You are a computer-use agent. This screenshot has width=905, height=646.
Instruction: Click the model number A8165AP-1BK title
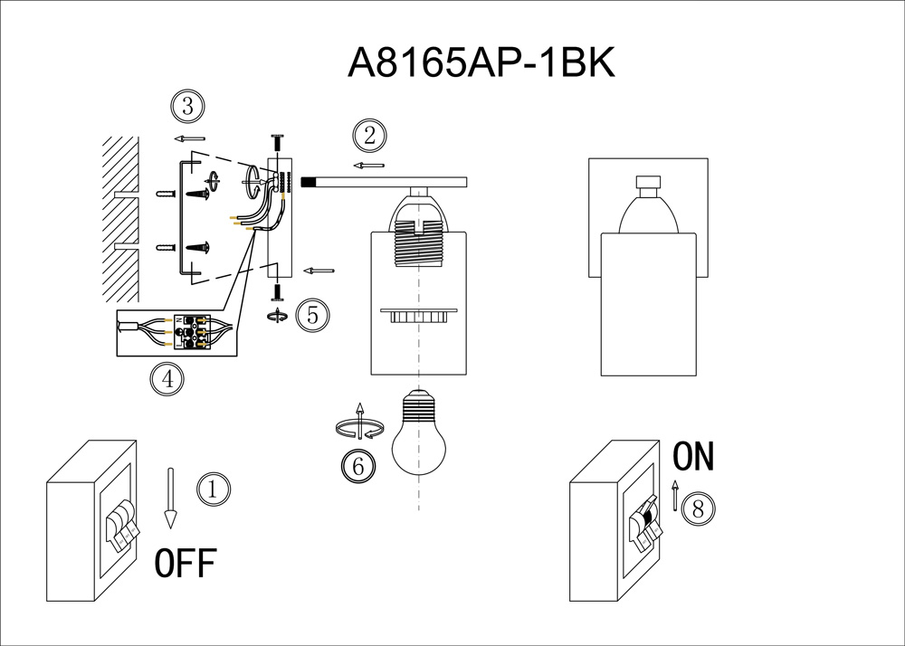[x=481, y=63]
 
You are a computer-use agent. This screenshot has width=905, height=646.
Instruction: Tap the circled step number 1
[x=213, y=489]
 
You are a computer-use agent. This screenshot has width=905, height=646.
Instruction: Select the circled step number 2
[x=368, y=136]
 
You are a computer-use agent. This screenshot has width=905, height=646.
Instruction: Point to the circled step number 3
[x=187, y=107]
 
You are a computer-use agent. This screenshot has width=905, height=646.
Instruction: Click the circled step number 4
[x=167, y=379]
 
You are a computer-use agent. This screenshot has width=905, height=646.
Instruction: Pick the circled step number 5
[x=313, y=315]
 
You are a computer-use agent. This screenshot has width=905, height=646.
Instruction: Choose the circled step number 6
[x=357, y=466]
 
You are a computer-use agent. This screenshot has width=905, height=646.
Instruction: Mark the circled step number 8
[x=697, y=508]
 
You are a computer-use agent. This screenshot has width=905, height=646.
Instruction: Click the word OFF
[x=186, y=564]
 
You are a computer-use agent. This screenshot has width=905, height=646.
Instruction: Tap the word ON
[x=694, y=458]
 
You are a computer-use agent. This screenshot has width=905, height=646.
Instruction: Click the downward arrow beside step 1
[x=169, y=498]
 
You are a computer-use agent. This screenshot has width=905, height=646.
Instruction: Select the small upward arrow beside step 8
[x=674, y=497]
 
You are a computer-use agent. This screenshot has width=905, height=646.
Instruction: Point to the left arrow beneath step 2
[x=368, y=166]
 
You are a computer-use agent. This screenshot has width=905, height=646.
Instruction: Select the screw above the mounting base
[x=277, y=144]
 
